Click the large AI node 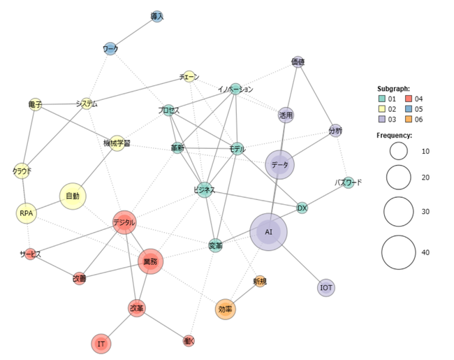click(268, 231)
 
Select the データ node click(279, 165)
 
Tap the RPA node click(26, 213)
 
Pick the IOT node click(326, 287)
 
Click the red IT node click(101, 344)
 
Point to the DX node click(302, 208)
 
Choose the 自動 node click(73, 196)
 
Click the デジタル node click(124, 223)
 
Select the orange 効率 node click(225, 309)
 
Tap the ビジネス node click(204, 190)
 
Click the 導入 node click(157, 16)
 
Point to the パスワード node click(348, 182)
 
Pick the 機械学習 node click(117, 143)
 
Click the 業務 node click(150, 261)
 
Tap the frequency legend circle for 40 click(399, 252)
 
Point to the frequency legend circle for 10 click(399, 151)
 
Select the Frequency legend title click(395, 135)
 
